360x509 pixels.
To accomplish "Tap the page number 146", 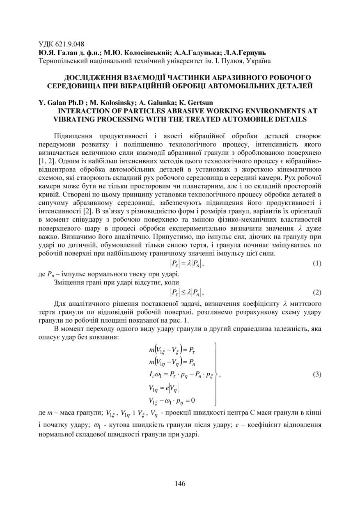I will [180, 483].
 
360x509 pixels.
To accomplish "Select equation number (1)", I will [316, 264].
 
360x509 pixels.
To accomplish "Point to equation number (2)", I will [316, 292].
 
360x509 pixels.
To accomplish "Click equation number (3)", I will [316, 374].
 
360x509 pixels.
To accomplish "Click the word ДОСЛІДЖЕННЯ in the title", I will [95, 78].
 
